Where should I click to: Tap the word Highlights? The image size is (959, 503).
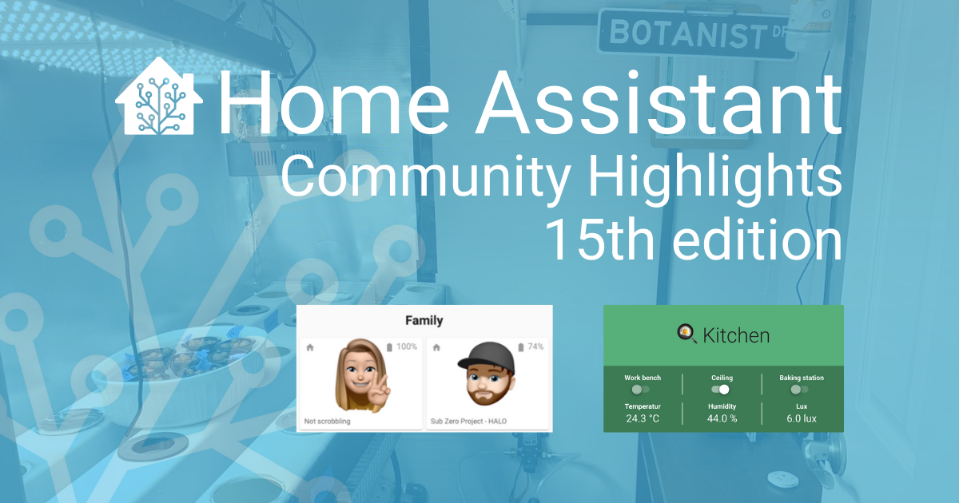715,176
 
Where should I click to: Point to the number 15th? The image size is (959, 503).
600,240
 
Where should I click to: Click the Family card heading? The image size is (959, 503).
424,320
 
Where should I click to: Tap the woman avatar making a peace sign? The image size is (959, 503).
362,375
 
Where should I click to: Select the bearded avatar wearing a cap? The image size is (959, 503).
487,374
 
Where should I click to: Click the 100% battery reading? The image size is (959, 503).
407,347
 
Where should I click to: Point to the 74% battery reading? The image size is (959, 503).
535,347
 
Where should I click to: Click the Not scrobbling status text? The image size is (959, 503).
327,422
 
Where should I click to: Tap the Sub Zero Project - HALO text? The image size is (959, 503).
468,422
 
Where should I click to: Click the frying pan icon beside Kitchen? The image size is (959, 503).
686,334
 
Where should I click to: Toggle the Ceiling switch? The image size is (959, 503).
721,390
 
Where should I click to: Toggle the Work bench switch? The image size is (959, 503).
640,390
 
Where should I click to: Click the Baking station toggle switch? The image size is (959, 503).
799,390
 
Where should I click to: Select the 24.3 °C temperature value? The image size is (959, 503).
643,418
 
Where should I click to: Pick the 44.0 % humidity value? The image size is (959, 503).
722,418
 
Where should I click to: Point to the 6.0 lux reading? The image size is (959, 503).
802,418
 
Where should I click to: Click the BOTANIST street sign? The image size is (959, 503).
696,34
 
